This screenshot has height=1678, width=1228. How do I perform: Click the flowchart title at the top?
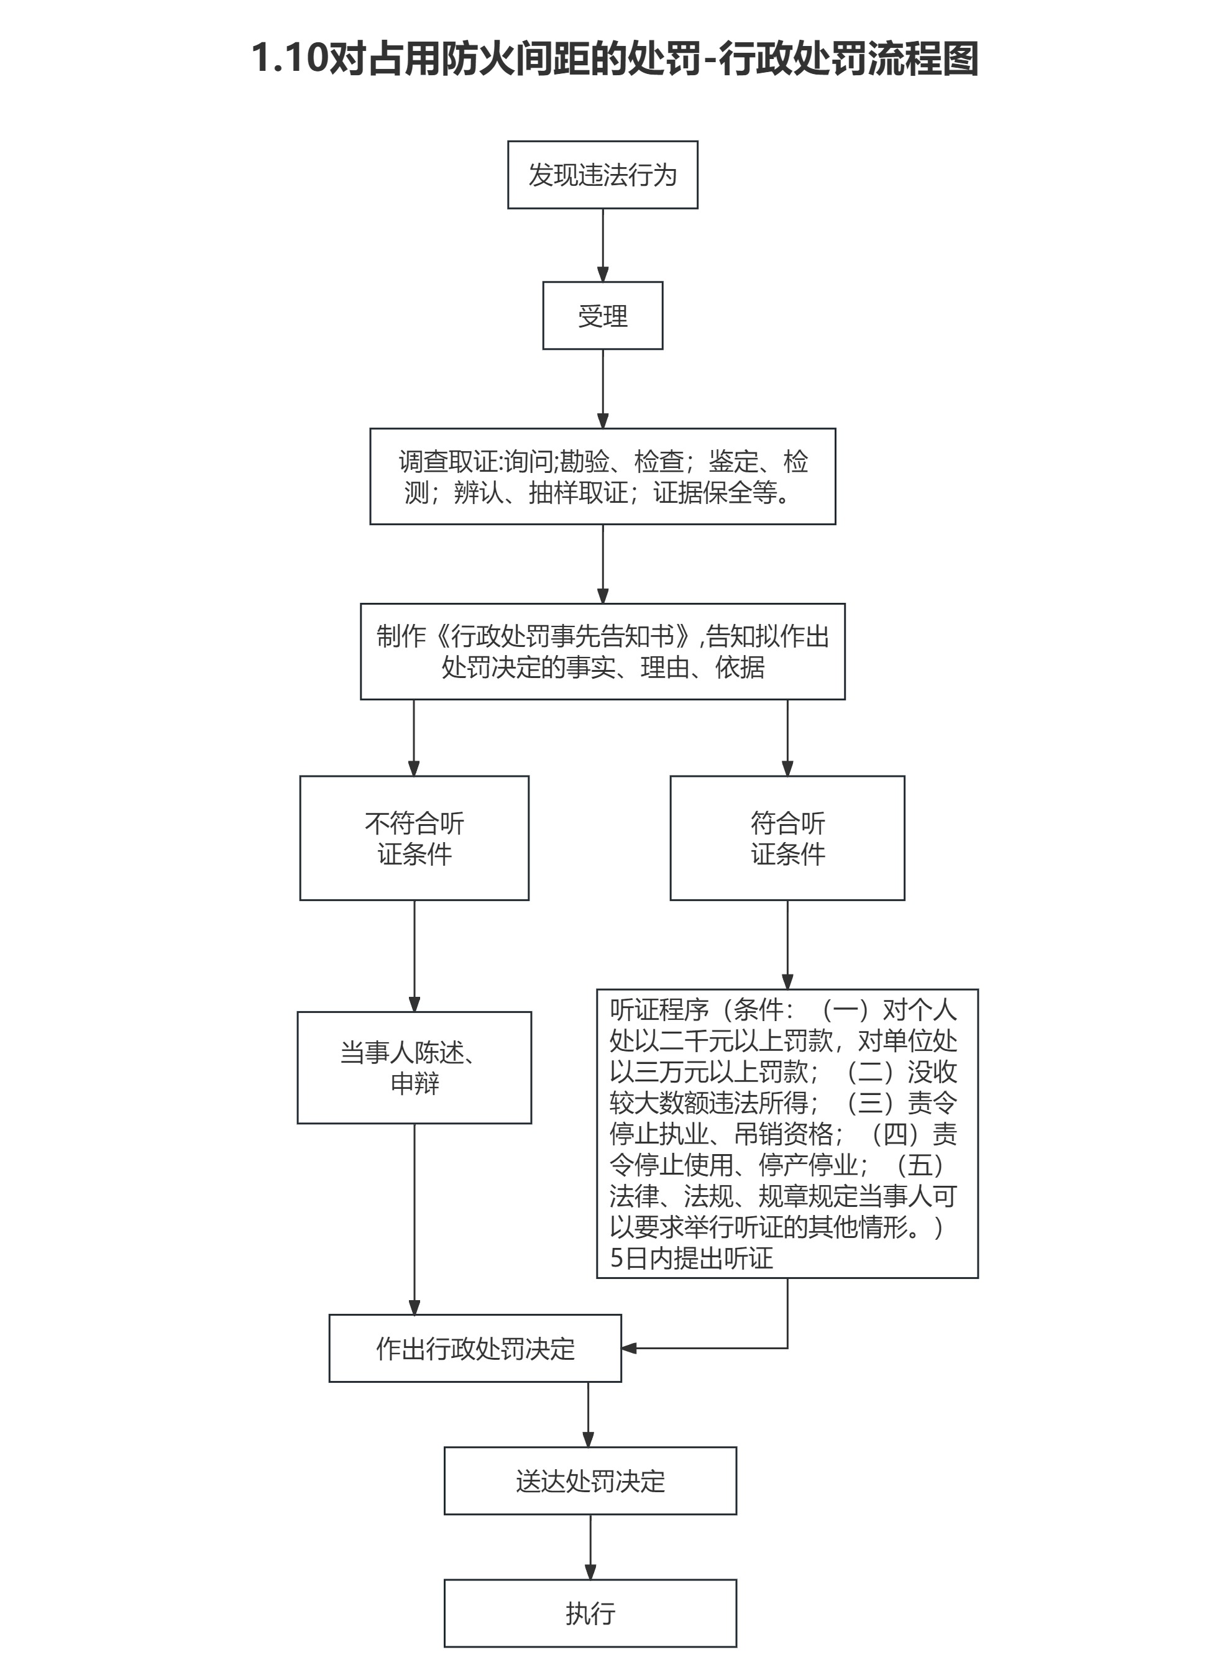tap(614, 58)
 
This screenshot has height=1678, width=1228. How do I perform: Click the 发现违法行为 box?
tap(602, 175)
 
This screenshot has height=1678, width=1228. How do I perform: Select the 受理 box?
tap(602, 315)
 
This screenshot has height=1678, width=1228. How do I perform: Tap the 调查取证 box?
tap(602, 476)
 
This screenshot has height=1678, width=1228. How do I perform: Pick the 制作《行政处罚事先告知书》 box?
tap(602, 651)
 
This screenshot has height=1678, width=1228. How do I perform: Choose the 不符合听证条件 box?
tap(414, 838)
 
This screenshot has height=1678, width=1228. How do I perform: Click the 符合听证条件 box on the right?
tap(787, 838)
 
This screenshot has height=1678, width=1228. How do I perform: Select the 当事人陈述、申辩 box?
tap(414, 1068)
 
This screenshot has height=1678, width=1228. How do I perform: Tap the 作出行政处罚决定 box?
tap(475, 1349)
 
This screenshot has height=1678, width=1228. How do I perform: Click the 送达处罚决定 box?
tap(590, 1481)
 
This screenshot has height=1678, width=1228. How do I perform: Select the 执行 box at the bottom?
tap(590, 1613)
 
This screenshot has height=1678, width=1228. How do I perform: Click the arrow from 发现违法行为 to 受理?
tap(603, 245)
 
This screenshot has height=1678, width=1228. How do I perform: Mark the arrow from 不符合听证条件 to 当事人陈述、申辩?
tap(414, 955)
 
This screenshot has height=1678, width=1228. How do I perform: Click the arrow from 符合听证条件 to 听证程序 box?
tap(787, 944)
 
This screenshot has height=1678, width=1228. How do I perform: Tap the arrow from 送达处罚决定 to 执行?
tap(590, 1547)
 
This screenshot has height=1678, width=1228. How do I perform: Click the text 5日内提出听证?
tap(691, 1258)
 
